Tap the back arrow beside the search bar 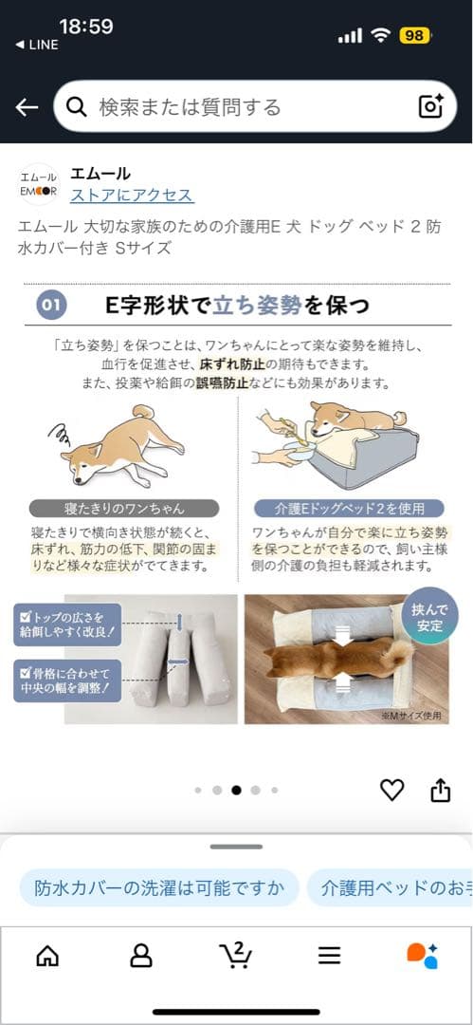[x=27, y=106]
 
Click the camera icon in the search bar [x=430, y=106]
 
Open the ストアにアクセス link [x=132, y=196]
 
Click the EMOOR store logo [x=39, y=184]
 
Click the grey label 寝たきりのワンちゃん [x=124, y=508]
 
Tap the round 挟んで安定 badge [x=429, y=616]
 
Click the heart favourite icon [x=391, y=790]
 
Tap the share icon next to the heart [x=440, y=790]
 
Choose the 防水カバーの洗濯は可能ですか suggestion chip [x=159, y=888]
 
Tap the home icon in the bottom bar [x=47, y=955]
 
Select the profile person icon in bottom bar [x=141, y=955]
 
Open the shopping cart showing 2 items [x=234, y=954]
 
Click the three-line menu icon [x=329, y=955]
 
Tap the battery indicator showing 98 [x=414, y=35]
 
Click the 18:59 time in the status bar [x=85, y=26]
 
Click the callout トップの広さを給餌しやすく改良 [x=69, y=624]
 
